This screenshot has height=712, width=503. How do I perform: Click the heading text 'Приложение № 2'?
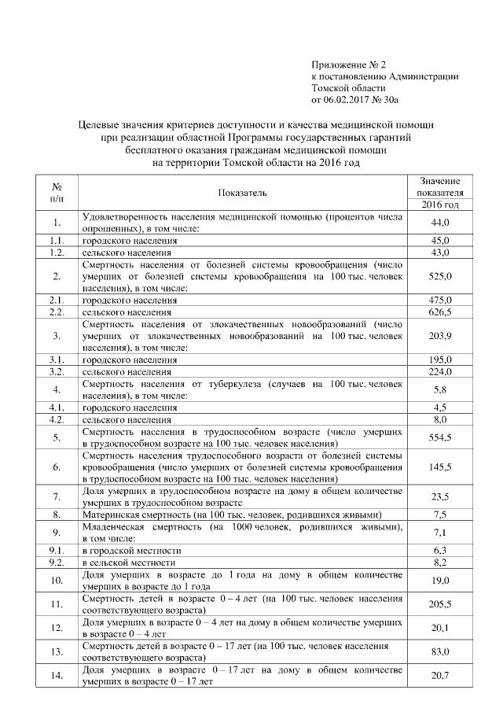coord(350,65)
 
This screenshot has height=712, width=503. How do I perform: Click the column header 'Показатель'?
coord(243,192)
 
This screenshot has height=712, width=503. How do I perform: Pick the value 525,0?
coord(440,276)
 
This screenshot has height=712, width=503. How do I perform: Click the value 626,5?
coord(440,312)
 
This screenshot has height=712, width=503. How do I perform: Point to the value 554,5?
coord(440,437)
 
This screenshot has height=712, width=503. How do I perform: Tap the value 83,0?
coord(440,651)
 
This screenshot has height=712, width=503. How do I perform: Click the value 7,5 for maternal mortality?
coord(440,515)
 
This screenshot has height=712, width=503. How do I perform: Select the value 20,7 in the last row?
coord(440,675)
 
